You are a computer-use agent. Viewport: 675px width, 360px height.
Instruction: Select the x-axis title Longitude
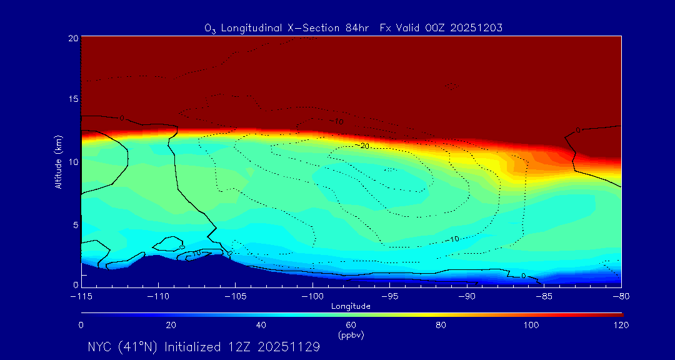(x=351, y=306)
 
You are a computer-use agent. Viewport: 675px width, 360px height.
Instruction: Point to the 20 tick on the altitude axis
(x=72, y=38)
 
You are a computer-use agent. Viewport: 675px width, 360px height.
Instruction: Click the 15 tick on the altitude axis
(x=72, y=99)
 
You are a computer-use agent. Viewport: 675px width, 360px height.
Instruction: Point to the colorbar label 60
(x=351, y=325)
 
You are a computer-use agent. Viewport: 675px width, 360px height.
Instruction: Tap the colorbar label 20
(x=171, y=325)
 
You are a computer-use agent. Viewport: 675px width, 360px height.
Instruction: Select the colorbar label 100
(x=531, y=325)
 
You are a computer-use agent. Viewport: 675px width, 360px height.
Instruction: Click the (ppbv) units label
(x=351, y=335)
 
